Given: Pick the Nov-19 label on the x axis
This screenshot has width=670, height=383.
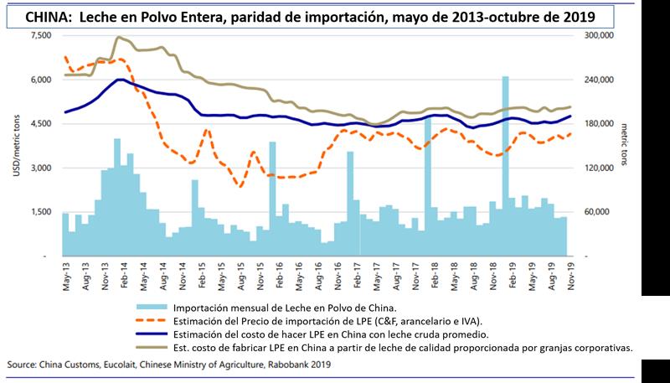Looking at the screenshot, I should pyautogui.click(x=572, y=272).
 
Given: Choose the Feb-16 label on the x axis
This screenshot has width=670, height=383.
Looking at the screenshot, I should pyautogui.click(x=277, y=272).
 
